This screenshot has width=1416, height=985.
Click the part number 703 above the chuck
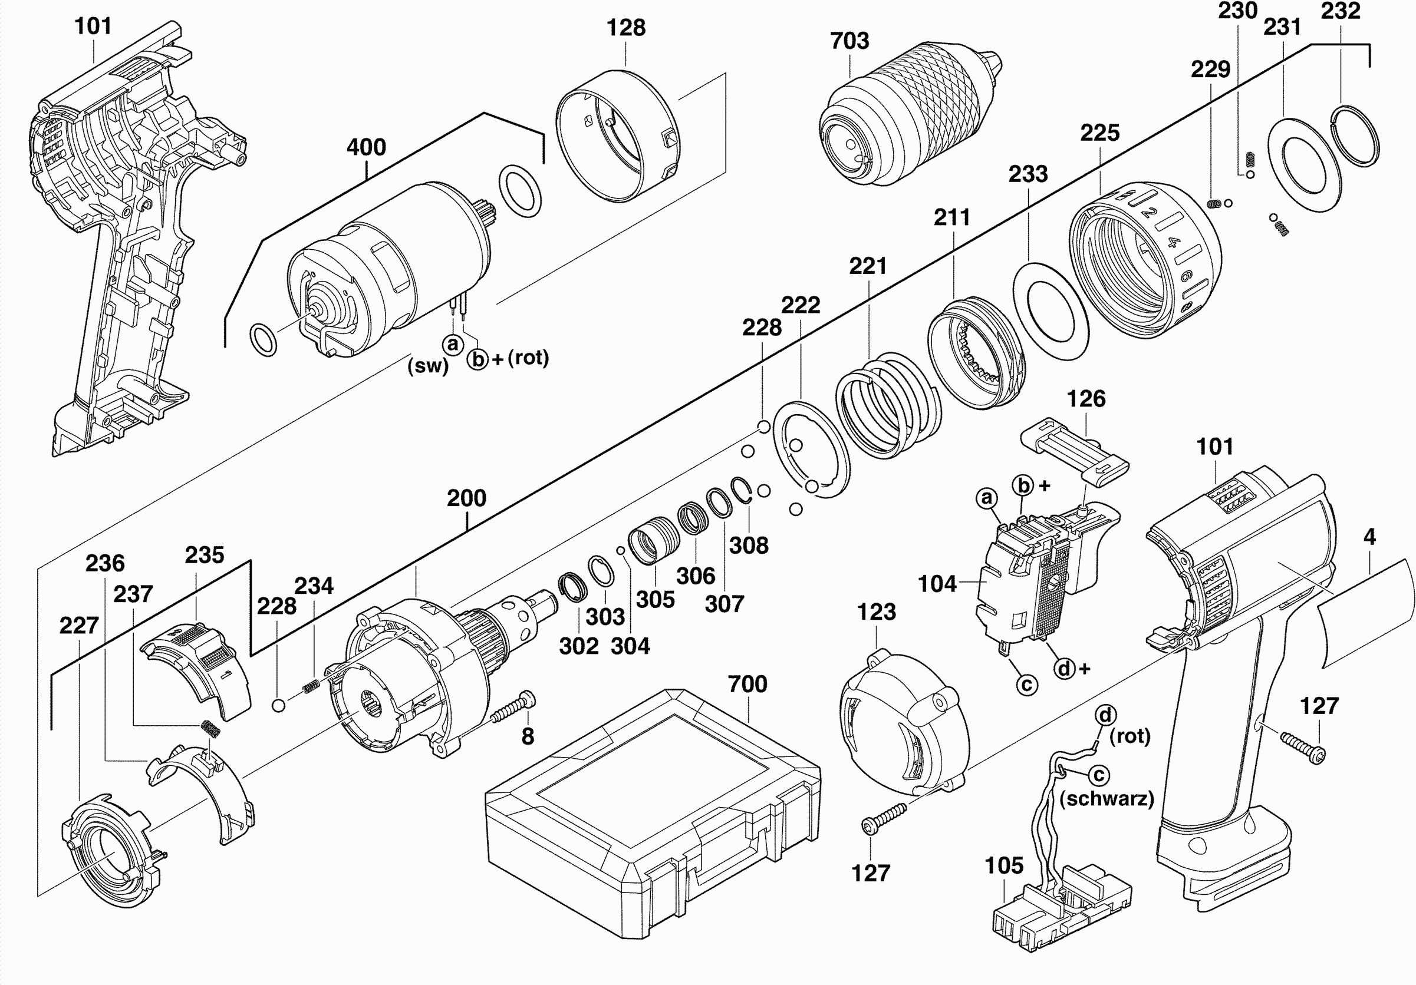click(849, 41)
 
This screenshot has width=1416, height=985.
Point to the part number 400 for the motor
click(365, 147)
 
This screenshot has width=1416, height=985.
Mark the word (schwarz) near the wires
click(1107, 799)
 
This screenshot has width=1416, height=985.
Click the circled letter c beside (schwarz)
click(1098, 775)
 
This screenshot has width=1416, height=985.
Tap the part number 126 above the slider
click(1086, 399)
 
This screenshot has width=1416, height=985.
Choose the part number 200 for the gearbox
click(466, 498)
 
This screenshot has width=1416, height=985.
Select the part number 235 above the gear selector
click(204, 555)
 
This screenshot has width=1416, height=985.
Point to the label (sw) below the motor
click(427, 366)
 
